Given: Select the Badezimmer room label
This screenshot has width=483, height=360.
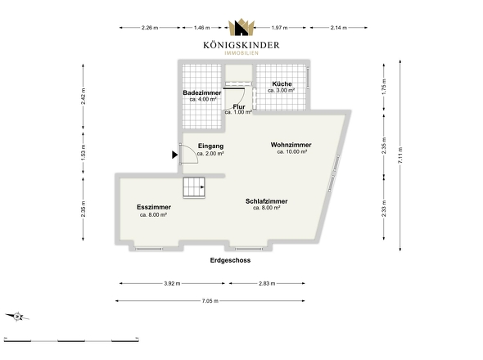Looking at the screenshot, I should coord(201,94).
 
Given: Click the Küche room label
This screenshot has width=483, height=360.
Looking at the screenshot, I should coord(282,84).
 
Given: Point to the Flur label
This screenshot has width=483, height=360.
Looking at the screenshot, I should coord(239,106).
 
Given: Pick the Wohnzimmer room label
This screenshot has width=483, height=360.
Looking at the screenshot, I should coord(291,145).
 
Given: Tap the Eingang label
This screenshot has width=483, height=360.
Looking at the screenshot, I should coord(210,146).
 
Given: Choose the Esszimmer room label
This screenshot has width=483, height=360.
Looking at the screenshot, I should coord(154,208).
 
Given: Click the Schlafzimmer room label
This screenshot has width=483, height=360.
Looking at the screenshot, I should coord(266,201).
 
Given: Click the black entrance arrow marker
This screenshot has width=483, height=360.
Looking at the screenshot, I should coord(175,153).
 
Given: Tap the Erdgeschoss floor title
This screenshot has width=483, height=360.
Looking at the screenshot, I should coord(230,260).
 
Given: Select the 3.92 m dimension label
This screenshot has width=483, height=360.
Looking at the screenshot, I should coord(172,283).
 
